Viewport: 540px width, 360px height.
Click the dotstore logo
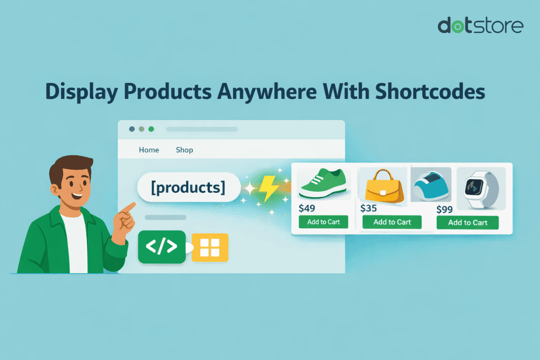point(480,25)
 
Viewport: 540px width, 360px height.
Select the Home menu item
point(149,150)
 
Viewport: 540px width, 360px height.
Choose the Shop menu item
point(184,150)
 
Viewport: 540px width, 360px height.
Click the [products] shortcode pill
point(188,187)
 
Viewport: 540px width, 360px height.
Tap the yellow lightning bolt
point(267,187)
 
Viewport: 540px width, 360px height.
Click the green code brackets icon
point(161,247)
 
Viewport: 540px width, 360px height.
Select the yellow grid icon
point(211,247)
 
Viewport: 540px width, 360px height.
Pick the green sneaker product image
point(323,184)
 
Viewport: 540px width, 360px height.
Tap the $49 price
point(307,208)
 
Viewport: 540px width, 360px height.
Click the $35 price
point(369,208)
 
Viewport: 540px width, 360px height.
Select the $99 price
point(446,209)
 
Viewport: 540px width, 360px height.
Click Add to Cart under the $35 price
point(392,222)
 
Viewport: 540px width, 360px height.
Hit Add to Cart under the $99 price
point(467,222)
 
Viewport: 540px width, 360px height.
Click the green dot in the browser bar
point(151,129)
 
